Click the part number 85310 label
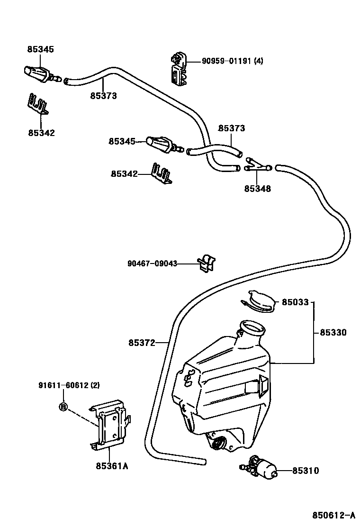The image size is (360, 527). tap(305, 471)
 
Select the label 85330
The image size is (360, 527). tap(333, 332)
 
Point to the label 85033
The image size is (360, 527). tap(295, 302)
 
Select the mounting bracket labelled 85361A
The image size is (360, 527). tap(110, 425)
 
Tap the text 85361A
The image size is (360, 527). tap(112, 466)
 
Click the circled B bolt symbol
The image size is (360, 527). tap(63, 407)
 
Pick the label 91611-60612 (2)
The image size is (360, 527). tap(69, 385)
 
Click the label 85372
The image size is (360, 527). tap(142, 343)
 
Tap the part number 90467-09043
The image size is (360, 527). tap(152, 263)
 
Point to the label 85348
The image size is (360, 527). tap(258, 189)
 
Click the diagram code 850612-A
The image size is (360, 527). tap(334, 515)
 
